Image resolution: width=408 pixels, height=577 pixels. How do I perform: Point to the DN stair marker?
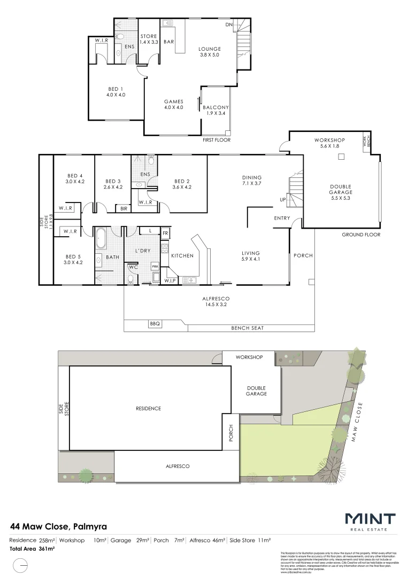229,25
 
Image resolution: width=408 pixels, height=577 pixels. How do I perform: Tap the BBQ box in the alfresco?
155,324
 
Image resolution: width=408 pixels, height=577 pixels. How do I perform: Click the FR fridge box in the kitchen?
165,233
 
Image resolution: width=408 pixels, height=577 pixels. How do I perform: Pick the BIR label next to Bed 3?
124,209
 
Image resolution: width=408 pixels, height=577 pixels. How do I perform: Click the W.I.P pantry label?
171,280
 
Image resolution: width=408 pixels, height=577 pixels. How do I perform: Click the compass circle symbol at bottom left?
20,565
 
